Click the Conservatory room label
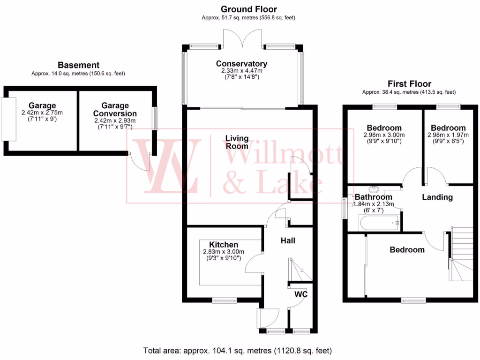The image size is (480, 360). [x=241, y=64]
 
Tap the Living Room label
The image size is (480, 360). [x=237, y=142]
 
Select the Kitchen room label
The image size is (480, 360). [x=224, y=245]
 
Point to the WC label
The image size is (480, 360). [x=300, y=294]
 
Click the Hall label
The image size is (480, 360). [x=288, y=240]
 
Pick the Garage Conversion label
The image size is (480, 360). [x=115, y=110]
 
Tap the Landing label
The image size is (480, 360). [x=437, y=197]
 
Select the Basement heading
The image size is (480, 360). [x=79, y=65]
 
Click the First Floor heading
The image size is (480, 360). [x=409, y=84]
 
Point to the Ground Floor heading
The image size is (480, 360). [x=248, y=9]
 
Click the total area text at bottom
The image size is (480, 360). [x=237, y=350]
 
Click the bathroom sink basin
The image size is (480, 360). [x=374, y=190]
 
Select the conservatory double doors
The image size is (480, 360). [x=242, y=37]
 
